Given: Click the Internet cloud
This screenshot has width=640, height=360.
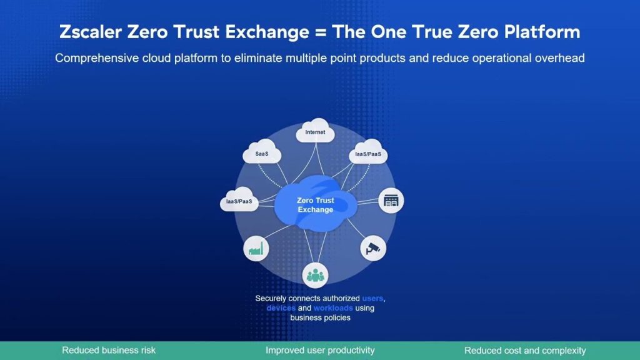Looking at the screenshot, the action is tap(315, 131).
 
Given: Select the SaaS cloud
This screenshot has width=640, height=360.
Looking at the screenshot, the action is tap(262, 152).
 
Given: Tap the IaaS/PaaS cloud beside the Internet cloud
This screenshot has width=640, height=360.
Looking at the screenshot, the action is tap(368, 152).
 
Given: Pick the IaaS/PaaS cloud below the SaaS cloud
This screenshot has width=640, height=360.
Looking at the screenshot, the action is tap(239, 199).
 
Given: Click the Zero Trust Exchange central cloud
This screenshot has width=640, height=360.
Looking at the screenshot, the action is tap(316, 204).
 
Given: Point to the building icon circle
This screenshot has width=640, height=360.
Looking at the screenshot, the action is tap(391, 201).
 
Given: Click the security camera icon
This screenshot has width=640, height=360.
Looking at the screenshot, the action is tap(373, 248).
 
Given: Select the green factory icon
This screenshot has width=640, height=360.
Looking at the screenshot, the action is tap(256, 248).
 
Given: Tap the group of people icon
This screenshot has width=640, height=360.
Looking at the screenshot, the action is tap(315, 276).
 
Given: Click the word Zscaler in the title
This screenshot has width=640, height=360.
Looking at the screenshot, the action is tap(91, 32).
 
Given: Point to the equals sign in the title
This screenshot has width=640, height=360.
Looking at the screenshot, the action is tap(321, 32).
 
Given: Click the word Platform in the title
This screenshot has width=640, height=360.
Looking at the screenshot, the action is tap(542, 32).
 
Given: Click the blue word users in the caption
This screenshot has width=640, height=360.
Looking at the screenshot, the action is tap(372, 298).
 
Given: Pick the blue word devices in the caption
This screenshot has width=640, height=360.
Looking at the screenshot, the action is tap(281, 308).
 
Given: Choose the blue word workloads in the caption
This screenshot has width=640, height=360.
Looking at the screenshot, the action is tap(333, 308).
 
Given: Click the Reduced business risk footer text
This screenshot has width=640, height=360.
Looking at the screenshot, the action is tap(109, 350).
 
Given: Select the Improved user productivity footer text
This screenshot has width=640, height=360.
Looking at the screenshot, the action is tap(320, 350).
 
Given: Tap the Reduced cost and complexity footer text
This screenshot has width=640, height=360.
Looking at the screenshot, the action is tap(525, 350).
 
